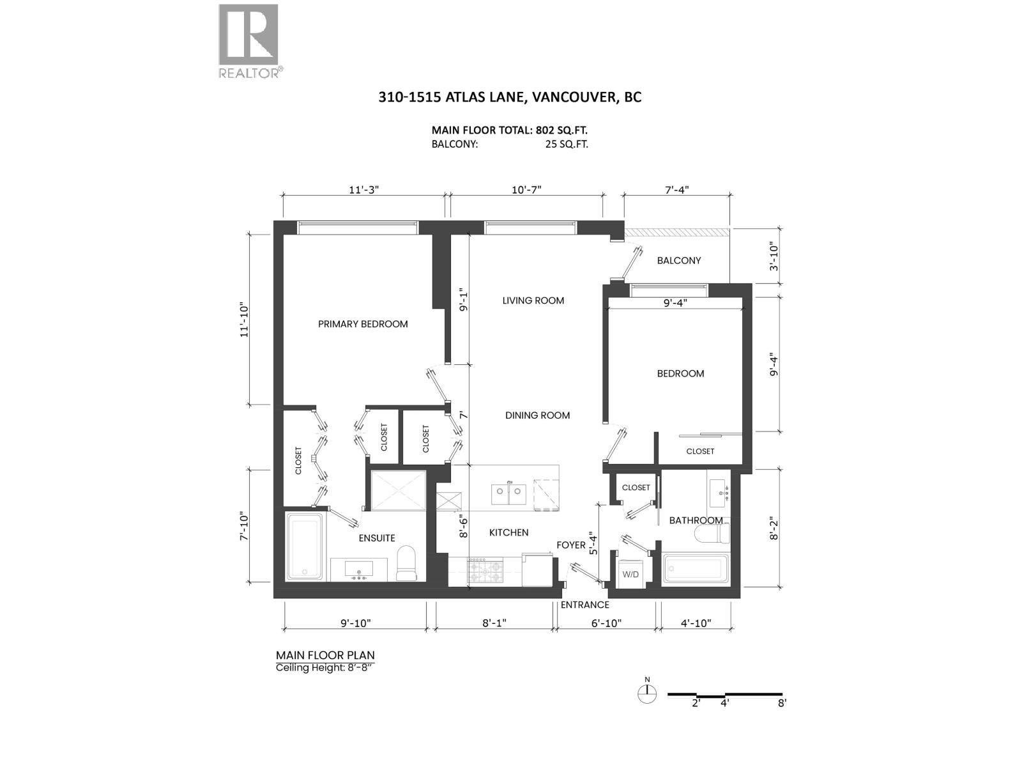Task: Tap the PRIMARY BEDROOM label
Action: tap(363, 324)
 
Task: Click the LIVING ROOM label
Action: tap(533, 301)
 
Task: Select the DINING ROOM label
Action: tap(537, 415)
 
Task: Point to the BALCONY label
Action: tap(679, 261)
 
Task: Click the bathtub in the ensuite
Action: tap(304, 546)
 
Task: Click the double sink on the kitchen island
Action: tap(509, 493)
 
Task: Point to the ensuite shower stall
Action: tap(399, 492)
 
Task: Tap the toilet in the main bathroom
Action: tap(712, 533)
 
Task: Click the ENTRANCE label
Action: tap(585, 605)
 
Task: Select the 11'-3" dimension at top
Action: tap(364, 190)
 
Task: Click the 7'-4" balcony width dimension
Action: tap(677, 190)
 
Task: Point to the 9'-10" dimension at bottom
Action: tap(356, 623)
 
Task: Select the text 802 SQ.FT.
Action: tap(565, 130)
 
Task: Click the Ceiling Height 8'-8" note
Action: tap(325, 668)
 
